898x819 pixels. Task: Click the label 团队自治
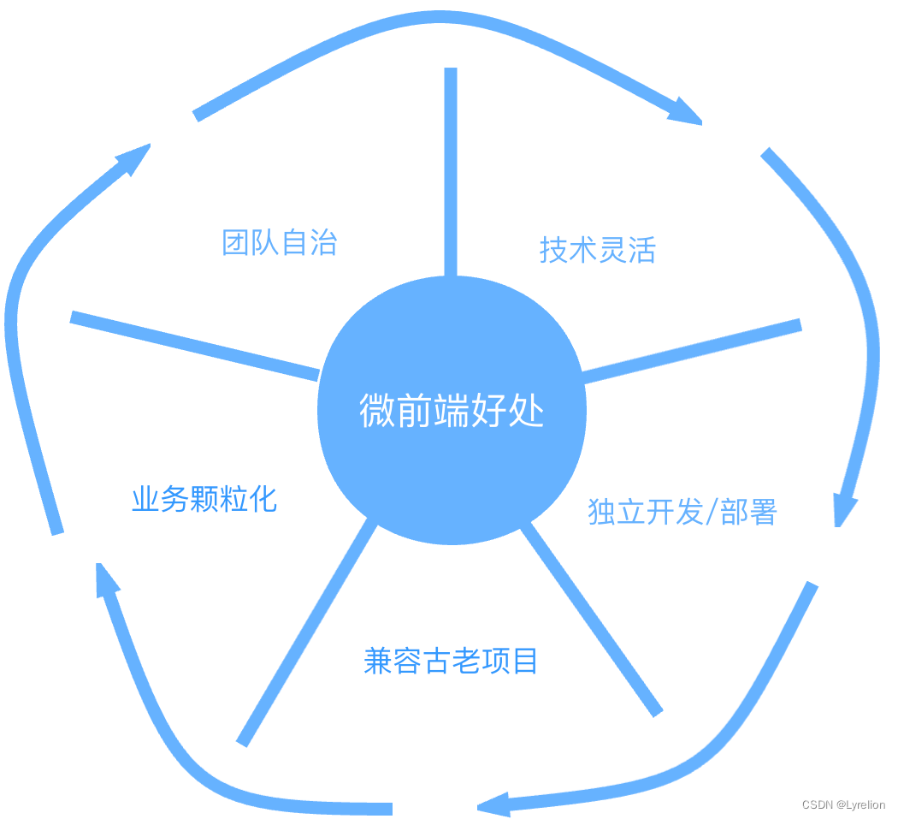pos(279,242)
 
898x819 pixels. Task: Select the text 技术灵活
pos(597,250)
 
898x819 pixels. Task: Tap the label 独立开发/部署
pos(682,512)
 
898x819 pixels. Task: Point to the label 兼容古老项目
pos(450,661)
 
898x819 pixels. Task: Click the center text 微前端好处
pos(452,412)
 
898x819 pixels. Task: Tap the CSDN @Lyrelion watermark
pos(842,804)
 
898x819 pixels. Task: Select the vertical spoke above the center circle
pos(451,171)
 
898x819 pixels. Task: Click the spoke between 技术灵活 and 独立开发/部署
pos(691,351)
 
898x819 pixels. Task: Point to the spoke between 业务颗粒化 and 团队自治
pos(195,345)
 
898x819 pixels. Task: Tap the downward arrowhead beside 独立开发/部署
pos(846,508)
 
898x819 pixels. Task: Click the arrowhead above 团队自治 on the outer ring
pos(133,158)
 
